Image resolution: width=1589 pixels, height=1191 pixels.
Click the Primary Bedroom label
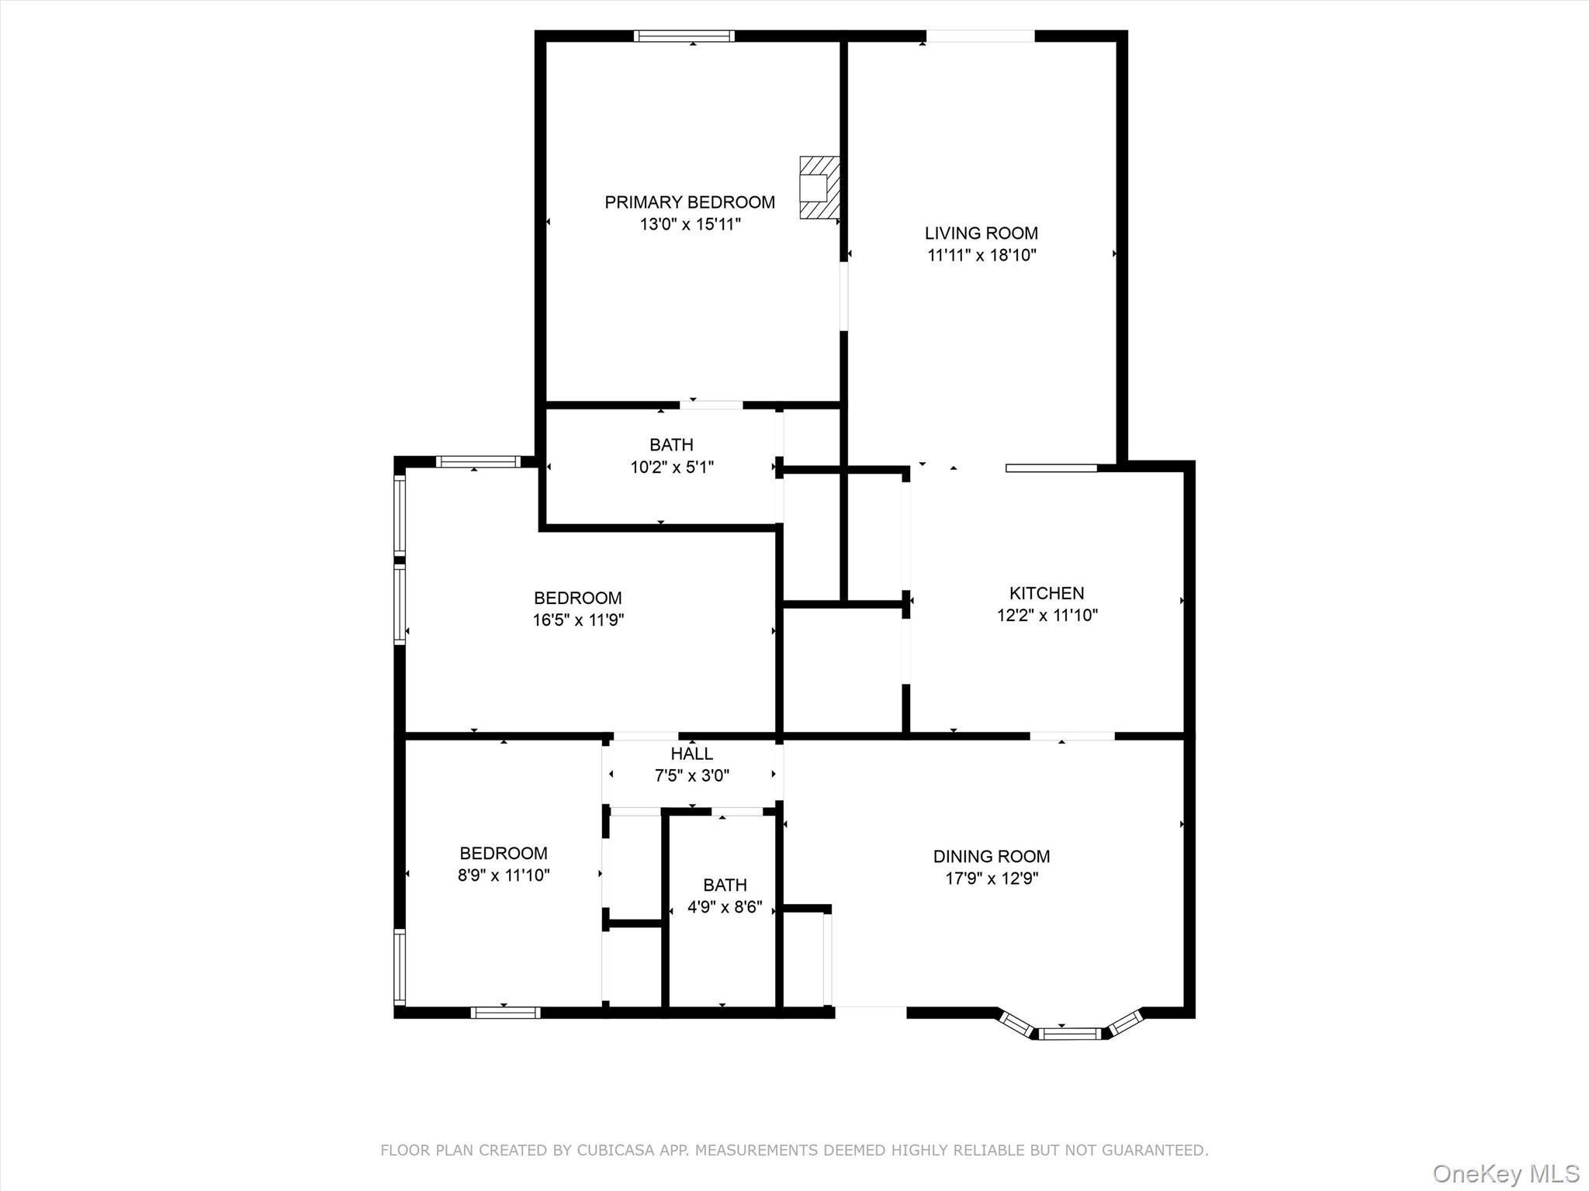[x=689, y=202]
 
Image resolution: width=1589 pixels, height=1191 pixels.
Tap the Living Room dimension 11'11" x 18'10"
[x=981, y=255]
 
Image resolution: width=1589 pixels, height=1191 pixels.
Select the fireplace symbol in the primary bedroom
[x=819, y=188]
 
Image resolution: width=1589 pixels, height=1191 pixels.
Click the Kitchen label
[x=1046, y=593]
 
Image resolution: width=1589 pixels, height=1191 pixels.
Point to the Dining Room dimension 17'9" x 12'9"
[x=992, y=879]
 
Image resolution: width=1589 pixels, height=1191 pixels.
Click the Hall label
[x=691, y=754]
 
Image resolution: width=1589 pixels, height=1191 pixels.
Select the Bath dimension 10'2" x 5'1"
[x=671, y=468]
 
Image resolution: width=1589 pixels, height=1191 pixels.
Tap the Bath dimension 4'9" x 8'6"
[x=725, y=907]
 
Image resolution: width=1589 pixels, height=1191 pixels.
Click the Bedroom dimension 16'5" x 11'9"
[x=578, y=620]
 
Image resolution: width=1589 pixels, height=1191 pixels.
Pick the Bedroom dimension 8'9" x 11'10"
[x=504, y=875]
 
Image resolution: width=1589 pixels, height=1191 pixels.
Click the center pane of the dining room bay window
[x=1070, y=1033]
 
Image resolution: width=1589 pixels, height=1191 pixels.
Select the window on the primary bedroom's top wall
[x=684, y=36]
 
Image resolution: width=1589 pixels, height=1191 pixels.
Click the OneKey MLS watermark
[x=1505, y=1173]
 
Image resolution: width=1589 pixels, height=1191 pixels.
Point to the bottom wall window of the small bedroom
[x=505, y=1012]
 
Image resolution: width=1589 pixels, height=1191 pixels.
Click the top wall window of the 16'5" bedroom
[x=477, y=462]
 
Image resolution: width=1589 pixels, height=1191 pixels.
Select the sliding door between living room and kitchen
[x=1051, y=468]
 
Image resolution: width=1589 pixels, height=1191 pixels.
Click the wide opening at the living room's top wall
[x=980, y=36]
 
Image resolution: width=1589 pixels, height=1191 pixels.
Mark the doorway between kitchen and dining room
[x=1072, y=735]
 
